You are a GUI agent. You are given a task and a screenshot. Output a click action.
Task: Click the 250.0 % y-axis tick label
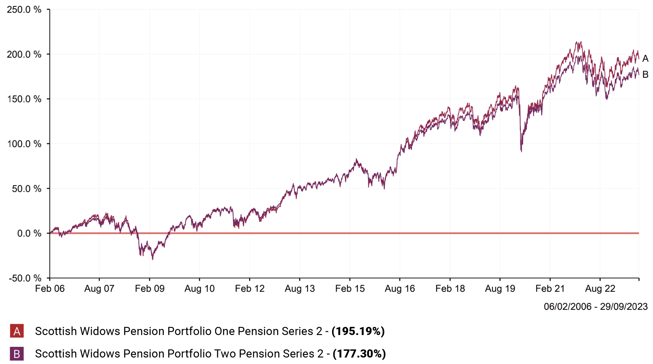click(x=24, y=10)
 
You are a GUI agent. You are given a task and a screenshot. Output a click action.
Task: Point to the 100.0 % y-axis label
click(x=24, y=144)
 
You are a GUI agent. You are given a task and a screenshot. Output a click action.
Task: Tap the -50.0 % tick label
click(x=25, y=278)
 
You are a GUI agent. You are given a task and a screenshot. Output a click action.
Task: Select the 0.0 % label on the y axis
click(x=29, y=233)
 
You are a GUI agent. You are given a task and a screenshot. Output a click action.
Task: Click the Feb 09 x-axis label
click(x=149, y=289)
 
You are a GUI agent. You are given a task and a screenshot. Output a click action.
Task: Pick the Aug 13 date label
click(x=300, y=289)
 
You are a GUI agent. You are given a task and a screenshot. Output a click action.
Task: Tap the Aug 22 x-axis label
click(x=600, y=289)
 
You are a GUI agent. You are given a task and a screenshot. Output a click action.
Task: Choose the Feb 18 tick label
click(x=450, y=289)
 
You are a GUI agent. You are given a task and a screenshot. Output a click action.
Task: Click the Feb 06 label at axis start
click(x=50, y=289)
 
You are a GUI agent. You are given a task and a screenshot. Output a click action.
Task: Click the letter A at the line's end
click(x=645, y=59)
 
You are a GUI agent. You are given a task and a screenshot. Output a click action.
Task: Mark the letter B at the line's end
click(x=645, y=75)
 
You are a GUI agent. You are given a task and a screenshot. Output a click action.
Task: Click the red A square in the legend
click(x=17, y=331)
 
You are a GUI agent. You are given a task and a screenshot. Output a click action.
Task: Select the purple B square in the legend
click(x=17, y=354)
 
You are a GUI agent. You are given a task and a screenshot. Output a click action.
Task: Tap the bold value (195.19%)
click(x=358, y=331)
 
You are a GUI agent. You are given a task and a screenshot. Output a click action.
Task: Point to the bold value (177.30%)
click(x=359, y=354)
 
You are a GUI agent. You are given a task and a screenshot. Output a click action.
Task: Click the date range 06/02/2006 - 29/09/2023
click(x=596, y=307)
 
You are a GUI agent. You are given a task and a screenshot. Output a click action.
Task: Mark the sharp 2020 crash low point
click(x=521, y=151)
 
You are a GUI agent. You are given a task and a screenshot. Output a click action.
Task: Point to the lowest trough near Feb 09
click(x=153, y=259)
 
